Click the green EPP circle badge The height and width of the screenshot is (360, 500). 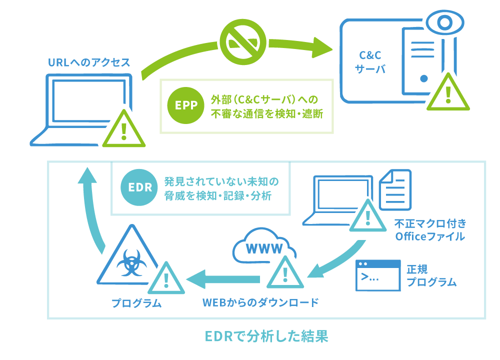(x=183, y=105)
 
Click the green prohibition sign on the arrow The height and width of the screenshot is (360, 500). (x=243, y=42)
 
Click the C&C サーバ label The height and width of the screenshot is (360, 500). (x=370, y=62)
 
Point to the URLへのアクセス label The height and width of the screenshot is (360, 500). (x=89, y=63)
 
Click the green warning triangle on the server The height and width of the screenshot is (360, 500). (x=447, y=93)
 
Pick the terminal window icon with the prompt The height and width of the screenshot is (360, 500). (x=378, y=275)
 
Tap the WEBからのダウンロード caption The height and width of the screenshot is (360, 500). (x=260, y=303)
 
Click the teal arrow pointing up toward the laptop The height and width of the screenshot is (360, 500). (x=92, y=210)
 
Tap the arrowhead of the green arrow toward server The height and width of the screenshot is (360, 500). (x=322, y=47)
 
